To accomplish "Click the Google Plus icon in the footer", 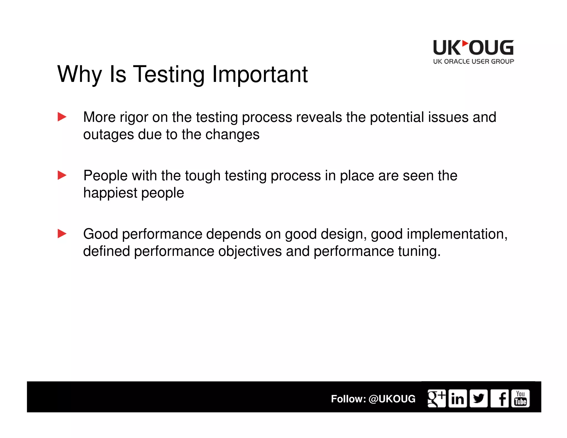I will pyautogui.click(x=436, y=398).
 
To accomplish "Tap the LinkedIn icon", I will pyautogui.click(x=457, y=398).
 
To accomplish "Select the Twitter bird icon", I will pyautogui.click(x=478, y=398).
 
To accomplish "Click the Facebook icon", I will pyautogui.click(x=499, y=398).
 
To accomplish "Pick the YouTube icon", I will pyautogui.click(x=520, y=398).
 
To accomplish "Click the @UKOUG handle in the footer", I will pyautogui.click(x=392, y=399).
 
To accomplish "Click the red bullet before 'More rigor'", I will pyautogui.click(x=62, y=117).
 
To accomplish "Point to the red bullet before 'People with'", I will pyautogui.click(x=62, y=175).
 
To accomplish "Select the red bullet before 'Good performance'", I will pyautogui.click(x=62, y=234).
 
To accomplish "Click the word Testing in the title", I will pyautogui.click(x=169, y=74).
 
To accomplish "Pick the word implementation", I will pyautogui.click(x=457, y=234).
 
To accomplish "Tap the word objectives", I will pyautogui.click(x=250, y=251).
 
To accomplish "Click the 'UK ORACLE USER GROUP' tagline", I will pyautogui.click(x=473, y=61).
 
